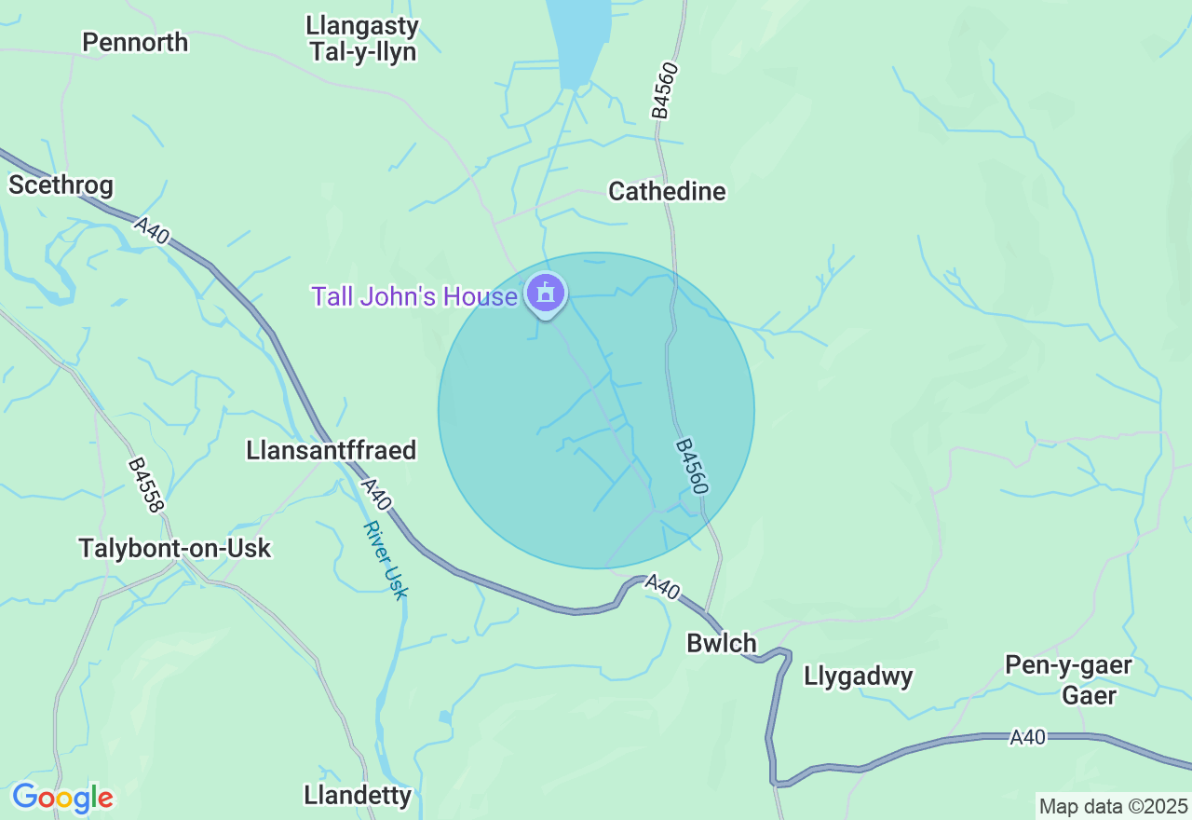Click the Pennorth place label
135,43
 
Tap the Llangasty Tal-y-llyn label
362,39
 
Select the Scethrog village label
61,185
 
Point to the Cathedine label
667,192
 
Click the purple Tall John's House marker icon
546,294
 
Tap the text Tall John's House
414,297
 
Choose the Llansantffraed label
331,451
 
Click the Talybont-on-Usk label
175,549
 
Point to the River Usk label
386,560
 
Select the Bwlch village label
722,644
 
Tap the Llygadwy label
859,676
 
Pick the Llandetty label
358,796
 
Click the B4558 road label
146,484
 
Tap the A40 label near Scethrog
151,230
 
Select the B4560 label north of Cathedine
661,90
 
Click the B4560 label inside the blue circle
693,467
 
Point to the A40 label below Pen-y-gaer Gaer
1027,738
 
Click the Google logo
62,799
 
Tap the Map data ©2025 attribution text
1113,806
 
